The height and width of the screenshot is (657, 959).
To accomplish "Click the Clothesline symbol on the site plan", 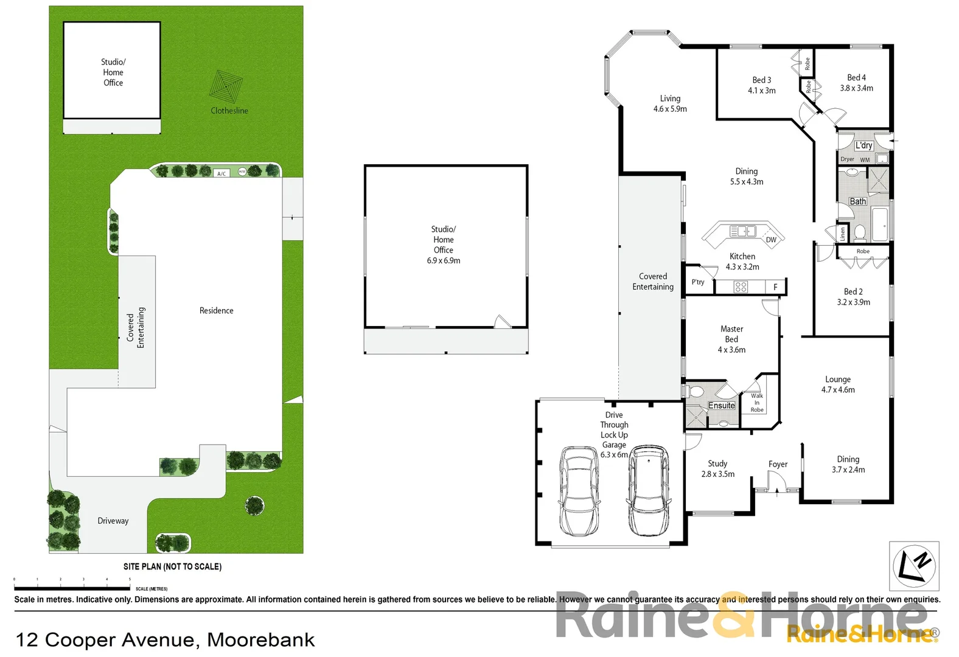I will click(x=226, y=87).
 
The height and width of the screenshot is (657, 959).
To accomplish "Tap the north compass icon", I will click(x=914, y=566).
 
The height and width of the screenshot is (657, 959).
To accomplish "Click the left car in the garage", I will click(x=579, y=490).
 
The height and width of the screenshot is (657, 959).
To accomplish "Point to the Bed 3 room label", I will click(x=761, y=80).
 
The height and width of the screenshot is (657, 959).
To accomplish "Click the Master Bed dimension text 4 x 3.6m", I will click(x=731, y=350).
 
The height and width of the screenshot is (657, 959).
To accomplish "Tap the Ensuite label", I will click(x=722, y=406).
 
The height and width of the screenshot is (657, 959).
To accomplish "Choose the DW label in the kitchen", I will click(x=771, y=240).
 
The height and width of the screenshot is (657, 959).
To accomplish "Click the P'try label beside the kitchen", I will click(x=698, y=282).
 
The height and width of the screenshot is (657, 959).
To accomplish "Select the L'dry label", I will click(x=863, y=145).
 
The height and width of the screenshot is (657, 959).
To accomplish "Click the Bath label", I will click(x=858, y=201).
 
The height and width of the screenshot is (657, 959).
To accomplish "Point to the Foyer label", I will click(x=778, y=464).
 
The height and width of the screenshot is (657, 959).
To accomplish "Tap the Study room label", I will click(x=717, y=464).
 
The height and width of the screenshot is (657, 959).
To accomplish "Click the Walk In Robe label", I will click(x=757, y=403).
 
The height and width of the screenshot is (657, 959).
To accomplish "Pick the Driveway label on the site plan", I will click(x=113, y=521).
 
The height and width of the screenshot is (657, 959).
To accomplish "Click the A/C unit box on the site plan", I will click(x=221, y=173).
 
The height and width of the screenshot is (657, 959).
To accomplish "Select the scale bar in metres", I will click(x=72, y=588).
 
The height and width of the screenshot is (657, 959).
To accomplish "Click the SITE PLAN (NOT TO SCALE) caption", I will click(x=172, y=566).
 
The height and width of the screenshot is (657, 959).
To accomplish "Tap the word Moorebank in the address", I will click(x=261, y=640).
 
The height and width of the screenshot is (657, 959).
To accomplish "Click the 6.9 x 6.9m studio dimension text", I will click(x=444, y=260).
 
